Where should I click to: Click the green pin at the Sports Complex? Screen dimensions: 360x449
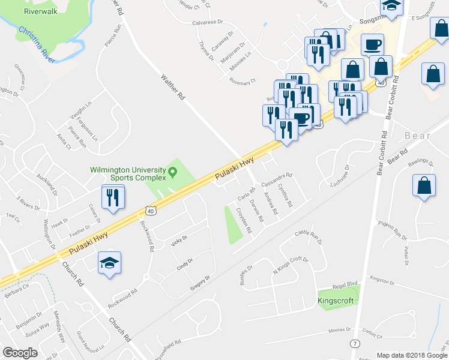pos(173,174)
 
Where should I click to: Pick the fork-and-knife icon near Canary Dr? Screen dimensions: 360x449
pos(112,197)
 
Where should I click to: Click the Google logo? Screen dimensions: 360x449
pos(20,353)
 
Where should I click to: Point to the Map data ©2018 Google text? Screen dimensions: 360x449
pos(411,355)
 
